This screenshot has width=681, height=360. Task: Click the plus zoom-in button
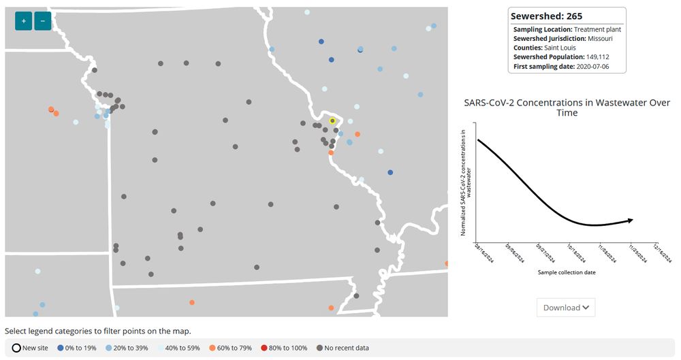point(23,21)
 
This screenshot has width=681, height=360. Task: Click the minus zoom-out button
point(42,21)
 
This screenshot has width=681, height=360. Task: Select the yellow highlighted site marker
point(332,120)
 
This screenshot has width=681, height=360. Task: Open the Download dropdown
point(565,308)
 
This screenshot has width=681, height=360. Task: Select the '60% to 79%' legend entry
point(230,348)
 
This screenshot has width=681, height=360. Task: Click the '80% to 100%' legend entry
point(283,348)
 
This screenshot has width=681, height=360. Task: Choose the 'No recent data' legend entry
point(343,348)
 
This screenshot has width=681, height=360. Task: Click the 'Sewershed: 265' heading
point(546,16)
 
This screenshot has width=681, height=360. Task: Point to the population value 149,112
point(591,57)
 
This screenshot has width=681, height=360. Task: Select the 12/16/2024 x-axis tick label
point(664,253)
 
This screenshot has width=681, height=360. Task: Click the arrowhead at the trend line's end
point(631,220)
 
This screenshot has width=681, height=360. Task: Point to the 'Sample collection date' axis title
point(567,272)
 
